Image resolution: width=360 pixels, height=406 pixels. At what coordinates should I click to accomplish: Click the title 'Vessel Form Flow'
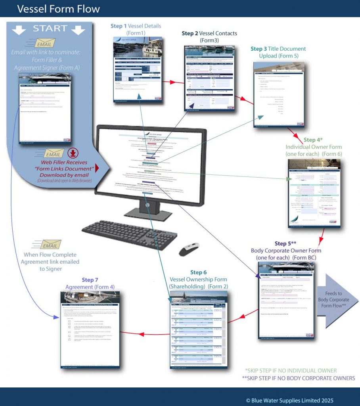tap(59, 9)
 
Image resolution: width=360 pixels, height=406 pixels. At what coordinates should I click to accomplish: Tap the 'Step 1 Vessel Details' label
tap(136, 26)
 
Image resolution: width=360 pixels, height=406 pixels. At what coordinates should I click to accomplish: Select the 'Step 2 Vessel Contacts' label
tap(209, 33)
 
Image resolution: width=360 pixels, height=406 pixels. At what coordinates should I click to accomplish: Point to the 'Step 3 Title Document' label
tap(278, 49)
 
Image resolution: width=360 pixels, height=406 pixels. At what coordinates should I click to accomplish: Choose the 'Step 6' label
tap(198, 272)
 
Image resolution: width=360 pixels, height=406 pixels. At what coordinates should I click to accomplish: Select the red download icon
tap(73, 153)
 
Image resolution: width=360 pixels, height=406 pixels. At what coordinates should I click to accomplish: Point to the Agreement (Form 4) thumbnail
tap(90, 329)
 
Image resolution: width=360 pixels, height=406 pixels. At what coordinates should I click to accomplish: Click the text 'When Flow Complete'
tap(50, 255)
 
